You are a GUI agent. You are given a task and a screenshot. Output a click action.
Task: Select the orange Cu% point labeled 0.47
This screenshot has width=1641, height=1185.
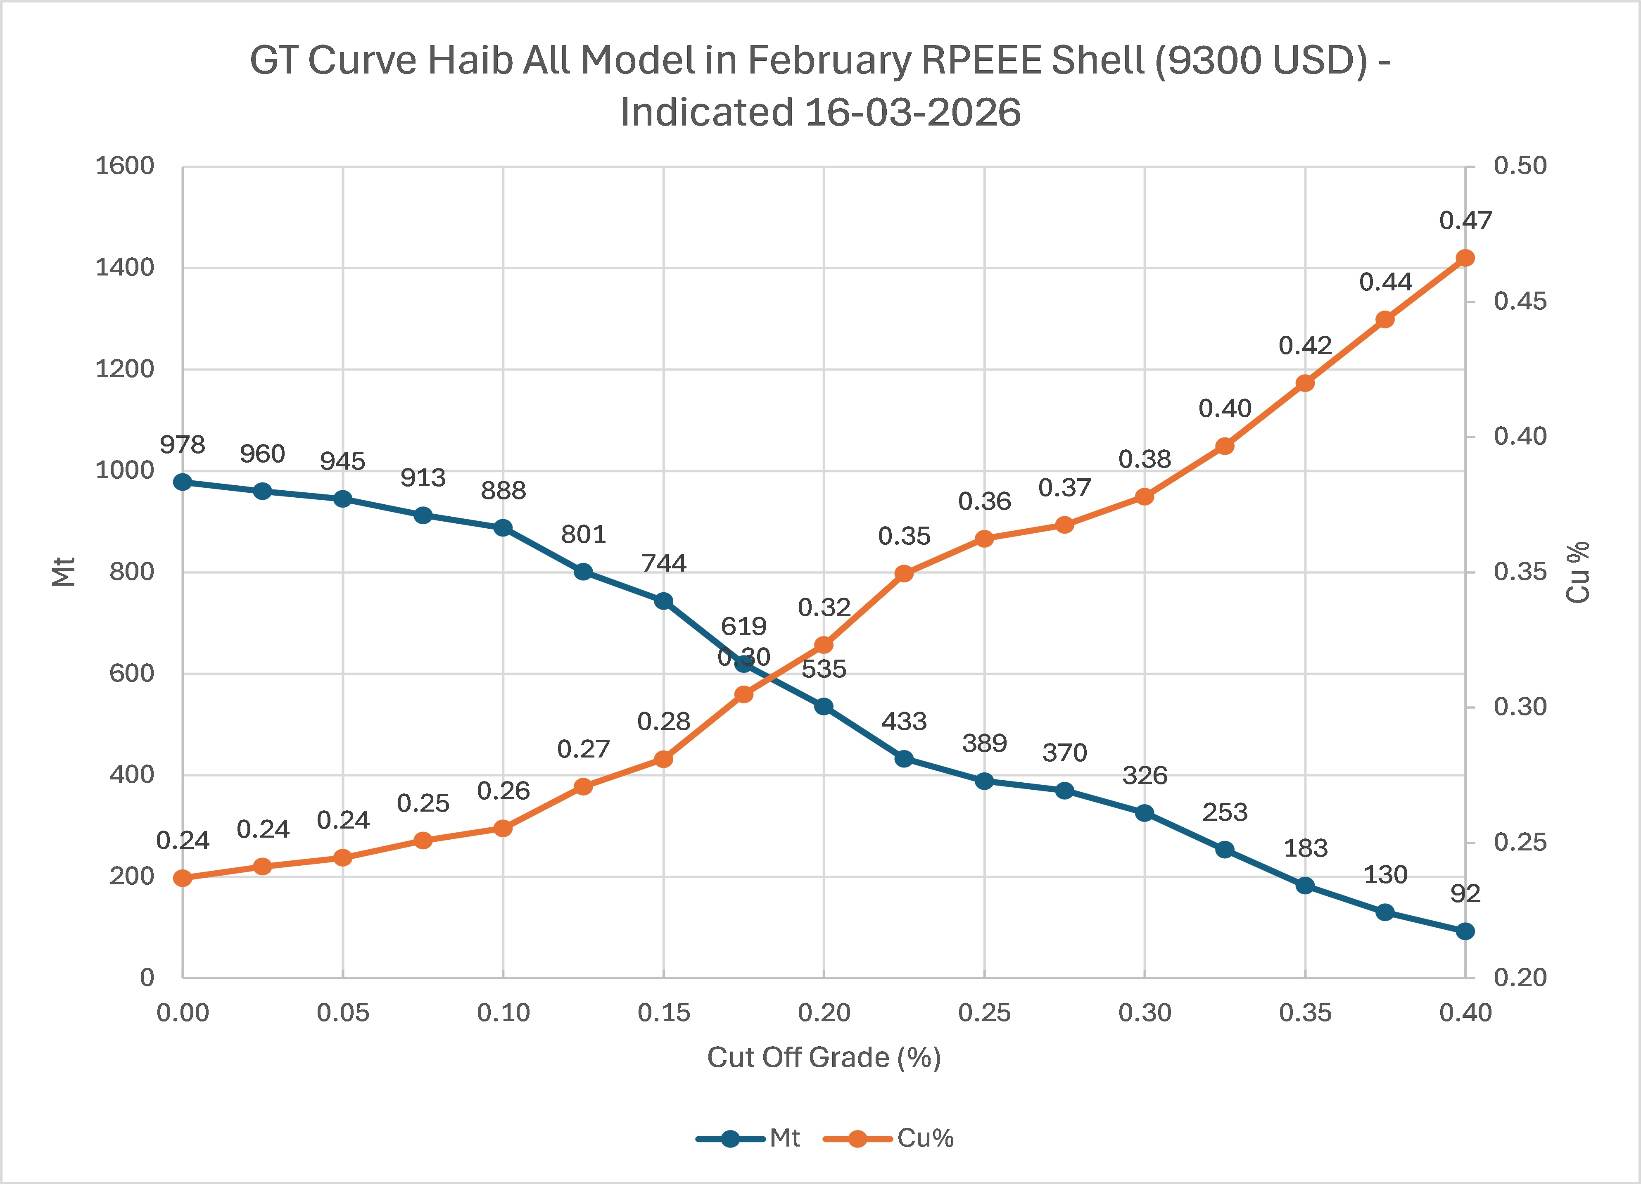click(1465, 258)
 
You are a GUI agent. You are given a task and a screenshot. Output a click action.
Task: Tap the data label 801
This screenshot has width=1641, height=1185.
click(583, 534)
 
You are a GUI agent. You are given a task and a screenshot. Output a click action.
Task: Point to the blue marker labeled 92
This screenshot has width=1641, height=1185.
click(1465, 931)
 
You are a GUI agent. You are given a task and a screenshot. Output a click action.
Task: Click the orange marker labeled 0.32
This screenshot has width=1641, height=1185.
click(824, 645)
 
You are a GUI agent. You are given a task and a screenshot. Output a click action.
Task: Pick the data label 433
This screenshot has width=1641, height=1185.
click(904, 721)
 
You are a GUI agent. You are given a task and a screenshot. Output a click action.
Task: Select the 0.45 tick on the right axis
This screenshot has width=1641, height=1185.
click(1520, 302)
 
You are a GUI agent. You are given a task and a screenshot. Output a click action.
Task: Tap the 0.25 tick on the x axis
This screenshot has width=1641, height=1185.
click(984, 1013)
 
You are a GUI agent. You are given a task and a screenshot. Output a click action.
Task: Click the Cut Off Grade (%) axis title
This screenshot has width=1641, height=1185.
click(824, 1058)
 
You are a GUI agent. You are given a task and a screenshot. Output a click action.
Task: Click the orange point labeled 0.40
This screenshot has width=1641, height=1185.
click(1224, 446)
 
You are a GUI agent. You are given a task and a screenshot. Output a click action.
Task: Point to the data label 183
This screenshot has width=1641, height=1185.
click(1305, 848)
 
